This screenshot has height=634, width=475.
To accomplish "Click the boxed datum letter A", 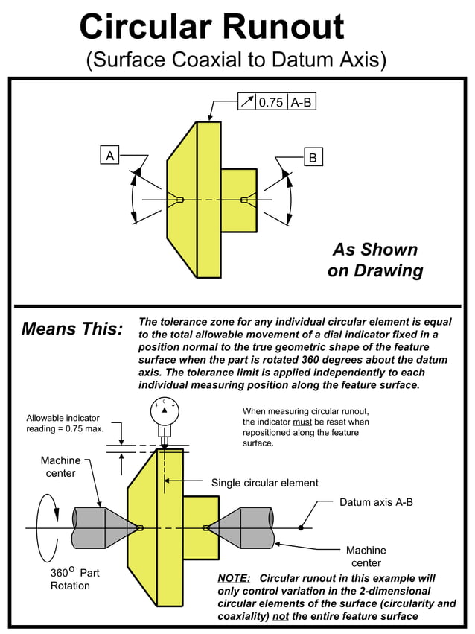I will pos(109,156).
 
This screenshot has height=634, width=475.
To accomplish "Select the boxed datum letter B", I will pos(313,157).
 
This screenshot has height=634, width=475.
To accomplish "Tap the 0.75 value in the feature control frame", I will pos(270,103).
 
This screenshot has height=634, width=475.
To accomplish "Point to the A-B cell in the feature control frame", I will pos(301,103).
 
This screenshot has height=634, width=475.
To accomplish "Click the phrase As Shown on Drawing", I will pos(375,260).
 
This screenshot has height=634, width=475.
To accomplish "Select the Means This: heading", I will pos(71,329).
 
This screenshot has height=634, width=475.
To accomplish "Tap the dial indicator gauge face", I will pos(164,410).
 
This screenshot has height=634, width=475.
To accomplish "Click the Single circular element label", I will pos(264,483).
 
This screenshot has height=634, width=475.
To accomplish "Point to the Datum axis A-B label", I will pos(376,502).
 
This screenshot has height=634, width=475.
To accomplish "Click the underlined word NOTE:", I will pos(233,578).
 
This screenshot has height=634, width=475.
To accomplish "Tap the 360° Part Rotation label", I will pos(74,579).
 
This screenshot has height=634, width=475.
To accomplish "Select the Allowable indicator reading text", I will pos(64,424).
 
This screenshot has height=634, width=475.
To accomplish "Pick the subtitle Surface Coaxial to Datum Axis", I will pos(236,60).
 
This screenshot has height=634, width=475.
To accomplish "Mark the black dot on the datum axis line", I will pos(301,527).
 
